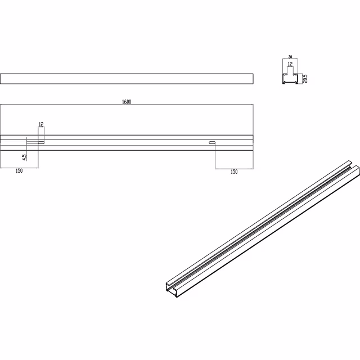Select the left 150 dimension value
pyautogui.click(x=19, y=171)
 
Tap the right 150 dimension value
pyautogui.click(x=234, y=172)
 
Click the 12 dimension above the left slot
pyautogui.click(x=41, y=124)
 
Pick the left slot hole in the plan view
pyautogui.click(x=42, y=143)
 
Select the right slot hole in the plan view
pyautogui.click(x=212, y=143)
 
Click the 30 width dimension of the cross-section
pyautogui.click(x=290, y=57)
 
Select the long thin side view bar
pyautogui.click(x=127, y=78)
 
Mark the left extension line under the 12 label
pyautogui.click(x=38, y=135)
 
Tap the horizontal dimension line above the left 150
pyautogui.click(x=19, y=167)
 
